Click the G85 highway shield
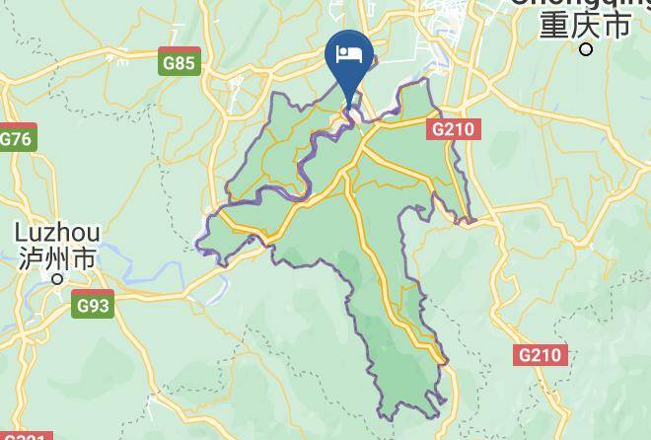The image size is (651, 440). pos(180,63)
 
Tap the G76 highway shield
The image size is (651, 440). pos(17,138)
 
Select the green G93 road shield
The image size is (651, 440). pos(93,306)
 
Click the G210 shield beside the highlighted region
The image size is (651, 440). pos(454,128)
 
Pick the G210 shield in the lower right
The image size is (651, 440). pos(542,355)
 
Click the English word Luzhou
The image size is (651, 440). pos(57,234)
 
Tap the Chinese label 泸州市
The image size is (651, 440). pos(57,258)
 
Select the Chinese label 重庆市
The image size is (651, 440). pos(585,25)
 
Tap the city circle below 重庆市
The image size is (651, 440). pos(586,49)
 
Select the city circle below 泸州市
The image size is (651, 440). pos(57,279)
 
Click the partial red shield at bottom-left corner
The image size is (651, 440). pos(22,436)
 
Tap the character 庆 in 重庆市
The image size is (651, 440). pos(585,25)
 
